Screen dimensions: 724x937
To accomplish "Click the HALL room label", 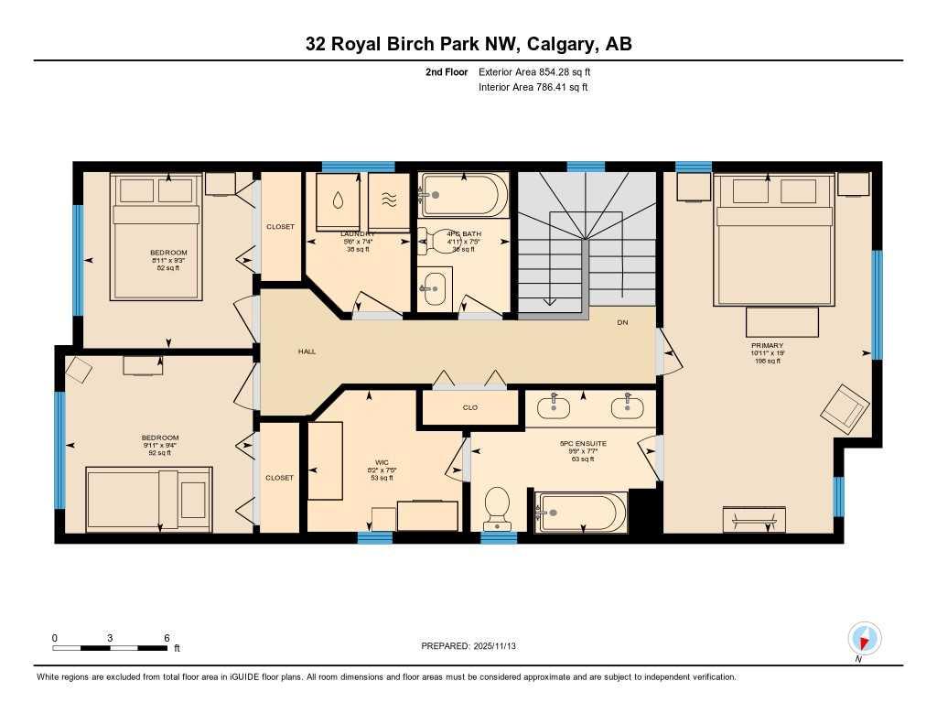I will [x=307, y=351].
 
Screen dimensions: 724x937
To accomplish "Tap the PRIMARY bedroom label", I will [x=767, y=346].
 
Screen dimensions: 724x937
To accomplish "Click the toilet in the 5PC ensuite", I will [x=496, y=508].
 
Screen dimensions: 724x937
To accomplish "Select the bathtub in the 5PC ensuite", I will [x=580, y=513].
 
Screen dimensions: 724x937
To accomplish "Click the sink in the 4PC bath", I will [x=436, y=287].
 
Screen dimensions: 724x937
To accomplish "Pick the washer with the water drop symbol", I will [x=339, y=201].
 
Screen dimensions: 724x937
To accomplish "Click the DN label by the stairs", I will [x=622, y=322].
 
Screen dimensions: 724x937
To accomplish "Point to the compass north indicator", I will [x=864, y=638].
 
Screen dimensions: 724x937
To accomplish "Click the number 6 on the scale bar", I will [x=167, y=638].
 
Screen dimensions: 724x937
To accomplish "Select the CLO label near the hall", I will [x=469, y=407].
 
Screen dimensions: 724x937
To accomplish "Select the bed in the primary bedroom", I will [x=774, y=240].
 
